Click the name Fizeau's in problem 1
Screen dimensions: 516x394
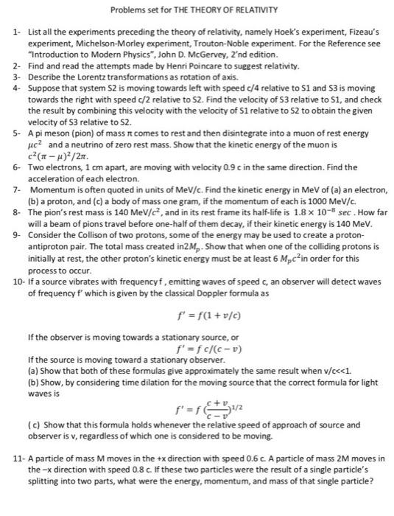coord(340,34)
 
